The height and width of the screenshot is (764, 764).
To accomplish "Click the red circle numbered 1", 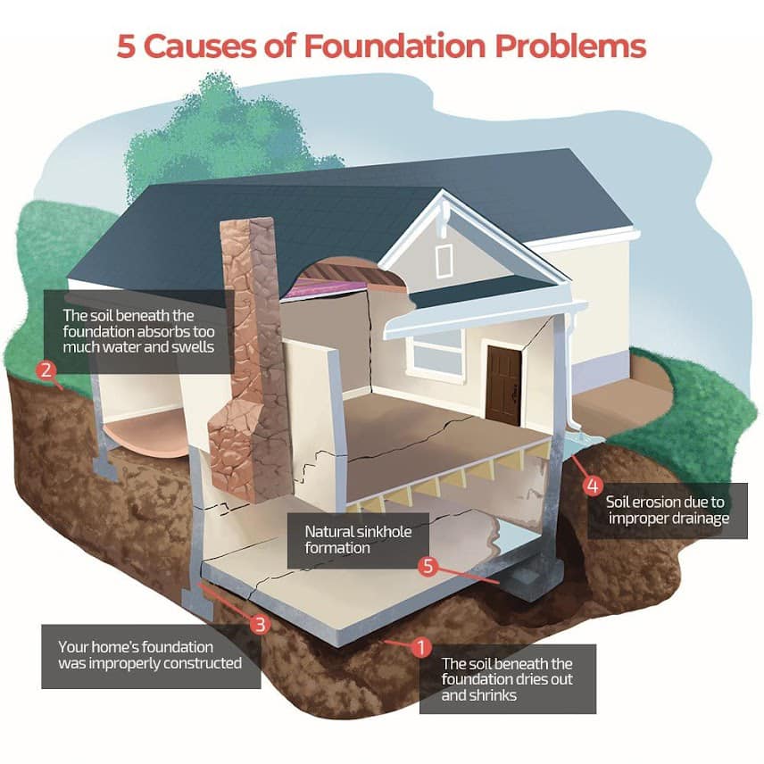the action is point(421,647).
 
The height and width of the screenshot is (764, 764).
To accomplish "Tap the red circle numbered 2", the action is point(46,370).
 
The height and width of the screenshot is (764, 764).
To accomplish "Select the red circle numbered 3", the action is point(261,624).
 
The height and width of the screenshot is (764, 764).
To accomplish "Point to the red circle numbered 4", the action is point(593,486).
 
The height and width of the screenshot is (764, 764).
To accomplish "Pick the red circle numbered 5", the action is point(428,566).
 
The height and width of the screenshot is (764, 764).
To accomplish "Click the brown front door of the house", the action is point(503,385).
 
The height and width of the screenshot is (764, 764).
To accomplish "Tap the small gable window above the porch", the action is point(444,261).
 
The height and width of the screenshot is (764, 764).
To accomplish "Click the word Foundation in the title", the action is point(394,46).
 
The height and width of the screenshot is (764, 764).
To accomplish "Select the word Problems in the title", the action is point(570,46).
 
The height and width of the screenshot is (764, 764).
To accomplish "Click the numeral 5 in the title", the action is point(126,47).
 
